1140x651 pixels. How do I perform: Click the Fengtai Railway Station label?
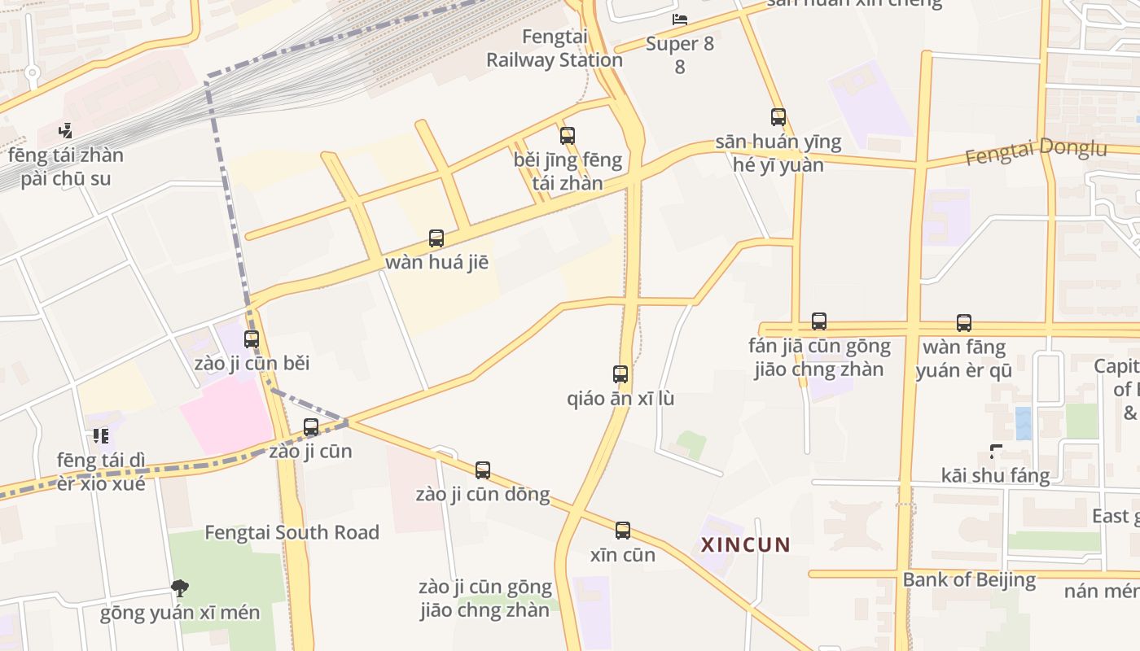[555, 48]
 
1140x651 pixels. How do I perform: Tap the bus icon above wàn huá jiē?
[436, 238]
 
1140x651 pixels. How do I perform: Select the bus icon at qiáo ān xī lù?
[620, 374]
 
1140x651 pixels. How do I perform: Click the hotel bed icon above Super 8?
[680, 19]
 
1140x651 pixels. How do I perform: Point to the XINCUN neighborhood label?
[746, 544]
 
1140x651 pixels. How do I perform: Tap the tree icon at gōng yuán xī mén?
[180, 588]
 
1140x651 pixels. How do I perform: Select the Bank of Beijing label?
[969, 580]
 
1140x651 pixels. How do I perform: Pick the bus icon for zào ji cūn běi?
[252, 339]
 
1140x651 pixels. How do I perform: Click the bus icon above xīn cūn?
[623, 531]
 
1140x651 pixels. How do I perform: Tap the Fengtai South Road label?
[292, 532]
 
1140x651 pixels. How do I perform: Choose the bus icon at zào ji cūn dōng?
[483, 470]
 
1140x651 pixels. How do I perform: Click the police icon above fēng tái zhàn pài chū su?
[66, 130]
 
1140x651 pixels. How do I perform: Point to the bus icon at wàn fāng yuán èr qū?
[964, 323]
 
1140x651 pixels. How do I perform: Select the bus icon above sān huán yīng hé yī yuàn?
[778, 117]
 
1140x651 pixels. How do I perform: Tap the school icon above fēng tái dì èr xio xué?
[101, 436]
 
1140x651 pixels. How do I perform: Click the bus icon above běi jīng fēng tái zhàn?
[568, 136]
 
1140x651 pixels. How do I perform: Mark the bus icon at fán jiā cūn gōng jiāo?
[819, 321]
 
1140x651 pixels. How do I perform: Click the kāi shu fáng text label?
[995, 475]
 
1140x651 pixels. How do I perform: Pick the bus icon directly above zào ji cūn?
[311, 427]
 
